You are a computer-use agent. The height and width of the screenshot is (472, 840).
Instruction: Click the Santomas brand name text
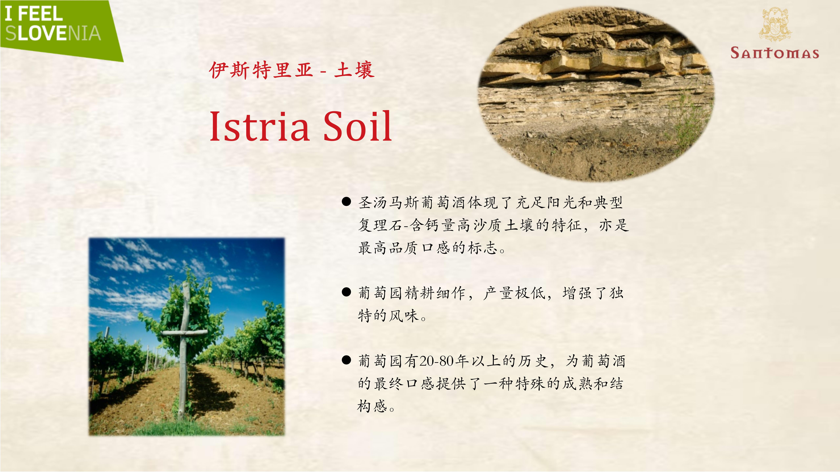pyautogui.click(x=775, y=53)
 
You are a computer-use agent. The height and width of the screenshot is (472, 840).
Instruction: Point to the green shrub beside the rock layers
pyautogui.click(x=686, y=124)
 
